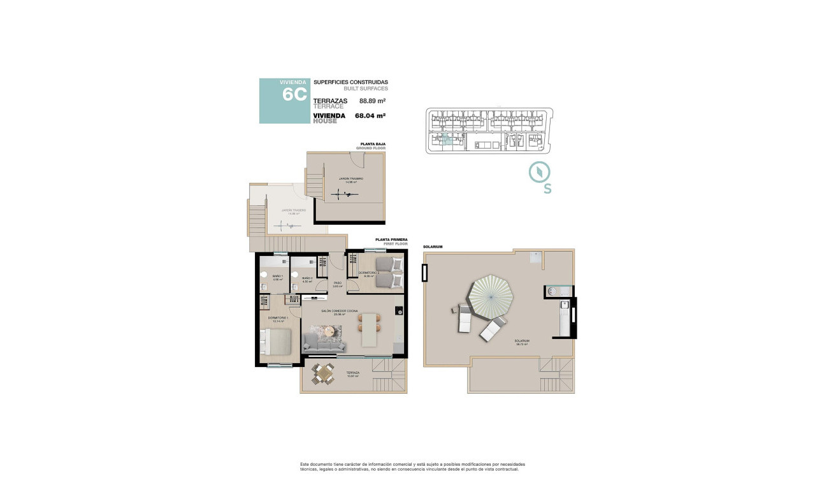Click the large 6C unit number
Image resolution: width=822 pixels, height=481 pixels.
[x=294, y=95]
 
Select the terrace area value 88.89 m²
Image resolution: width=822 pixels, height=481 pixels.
[x=373, y=101]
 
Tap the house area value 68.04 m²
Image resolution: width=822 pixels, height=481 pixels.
[x=370, y=116]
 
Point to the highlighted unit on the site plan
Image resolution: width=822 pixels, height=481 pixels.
[x=445, y=140]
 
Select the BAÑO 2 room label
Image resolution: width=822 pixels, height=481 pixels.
[x=306, y=278]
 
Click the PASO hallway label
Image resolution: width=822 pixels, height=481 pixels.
[x=337, y=284]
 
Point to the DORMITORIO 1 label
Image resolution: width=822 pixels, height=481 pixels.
[x=278, y=318]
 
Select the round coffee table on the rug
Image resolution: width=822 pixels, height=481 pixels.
[x=329, y=331]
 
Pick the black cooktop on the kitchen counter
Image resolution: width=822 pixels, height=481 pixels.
[x=398, y=311]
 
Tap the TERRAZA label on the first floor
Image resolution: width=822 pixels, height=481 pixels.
[x=352, y=373]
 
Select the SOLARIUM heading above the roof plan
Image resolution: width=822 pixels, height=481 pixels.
[x=433, y=247]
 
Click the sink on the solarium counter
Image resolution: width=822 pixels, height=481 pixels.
[x=552, y=291]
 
